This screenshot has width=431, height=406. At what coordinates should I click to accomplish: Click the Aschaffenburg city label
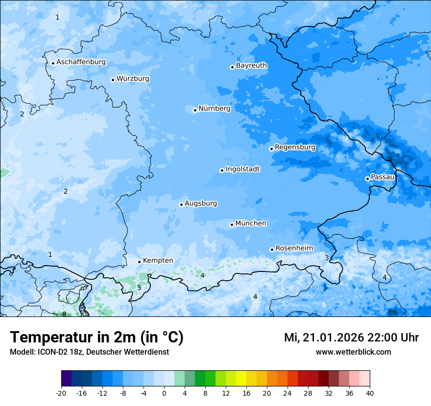pos(81,62)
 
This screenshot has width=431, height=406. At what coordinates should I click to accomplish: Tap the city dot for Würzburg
pos(113,80)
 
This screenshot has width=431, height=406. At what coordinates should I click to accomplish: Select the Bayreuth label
pos(251,66)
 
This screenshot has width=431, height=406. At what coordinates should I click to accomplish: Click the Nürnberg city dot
pos(195,110)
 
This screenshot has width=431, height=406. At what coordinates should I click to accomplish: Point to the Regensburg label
pos(295,147)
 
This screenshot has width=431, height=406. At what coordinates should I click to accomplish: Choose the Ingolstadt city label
pos(242,169)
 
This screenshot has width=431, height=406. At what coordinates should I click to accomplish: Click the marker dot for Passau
pos(367,179)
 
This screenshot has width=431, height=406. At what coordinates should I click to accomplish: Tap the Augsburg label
pos(201,203)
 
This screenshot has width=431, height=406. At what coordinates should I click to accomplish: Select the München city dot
pos(232,225)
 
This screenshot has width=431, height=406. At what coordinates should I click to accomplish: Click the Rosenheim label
pos(294,248)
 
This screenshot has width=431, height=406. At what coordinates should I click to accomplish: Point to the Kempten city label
pos(158,261)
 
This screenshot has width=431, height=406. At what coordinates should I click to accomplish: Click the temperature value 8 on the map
pos(64,314)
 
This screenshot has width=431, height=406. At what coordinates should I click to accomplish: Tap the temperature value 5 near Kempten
pos(139,288)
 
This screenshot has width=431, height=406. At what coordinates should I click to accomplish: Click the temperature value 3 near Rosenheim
pos(327,258)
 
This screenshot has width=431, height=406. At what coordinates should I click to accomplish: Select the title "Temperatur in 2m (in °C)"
pos(96,337)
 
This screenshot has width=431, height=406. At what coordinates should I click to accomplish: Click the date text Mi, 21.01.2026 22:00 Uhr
pos(351,338)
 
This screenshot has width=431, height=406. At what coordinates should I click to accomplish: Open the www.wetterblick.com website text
pos(353,352)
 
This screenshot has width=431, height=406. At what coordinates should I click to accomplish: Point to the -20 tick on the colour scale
pos(61,393)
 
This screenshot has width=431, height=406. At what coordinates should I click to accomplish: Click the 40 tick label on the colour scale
pos(369,393)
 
